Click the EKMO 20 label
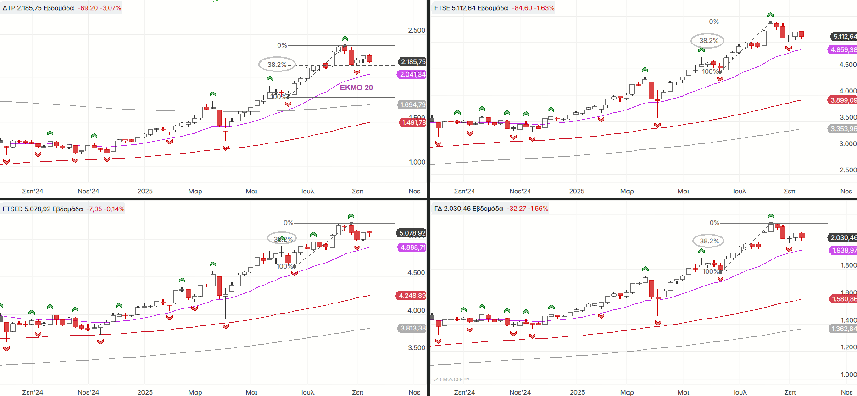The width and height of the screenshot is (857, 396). (x=356, y=88)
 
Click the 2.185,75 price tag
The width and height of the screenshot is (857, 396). (x=412, y=62)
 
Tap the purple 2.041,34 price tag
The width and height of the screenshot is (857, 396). (x=412, y=74)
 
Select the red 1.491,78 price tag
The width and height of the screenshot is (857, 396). (x=412, y=122)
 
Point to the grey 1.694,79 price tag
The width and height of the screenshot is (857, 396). (x=412, y=105)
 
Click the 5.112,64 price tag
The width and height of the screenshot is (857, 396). (x=844, y=37)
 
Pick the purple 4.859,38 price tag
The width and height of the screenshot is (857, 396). (x=843, y=49)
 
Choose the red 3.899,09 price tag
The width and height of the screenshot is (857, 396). (x=843, y=100)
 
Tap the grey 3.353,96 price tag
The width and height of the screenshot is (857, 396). (x=843, y=129)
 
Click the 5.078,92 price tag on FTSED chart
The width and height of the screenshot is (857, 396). (x=412, y=233)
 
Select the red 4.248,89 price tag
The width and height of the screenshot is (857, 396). (x=412, y=296)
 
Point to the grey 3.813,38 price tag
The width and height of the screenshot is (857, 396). (x=412, y=328)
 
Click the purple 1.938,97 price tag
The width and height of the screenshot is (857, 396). (x=843, y=250)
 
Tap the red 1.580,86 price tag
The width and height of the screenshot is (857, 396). (x=843, y=299)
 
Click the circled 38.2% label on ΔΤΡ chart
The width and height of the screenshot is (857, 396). (x=277, y=65)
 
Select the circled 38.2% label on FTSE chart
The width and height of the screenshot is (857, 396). (x=708, y=41)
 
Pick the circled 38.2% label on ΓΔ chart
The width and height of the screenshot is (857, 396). (x=709, y=241)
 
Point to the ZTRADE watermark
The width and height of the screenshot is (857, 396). (x=451, y=379)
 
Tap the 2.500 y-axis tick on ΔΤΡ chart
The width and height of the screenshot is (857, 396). (x=417, y=30)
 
